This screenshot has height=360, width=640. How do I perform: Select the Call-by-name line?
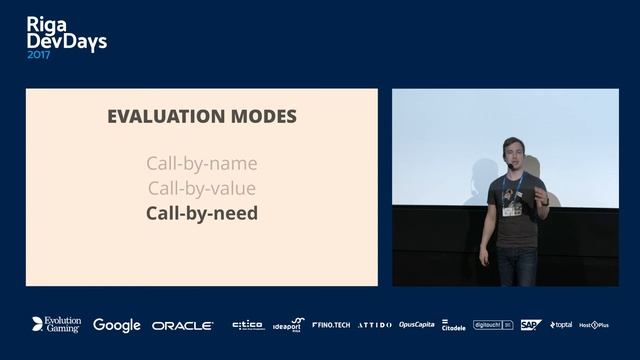click(201, 163)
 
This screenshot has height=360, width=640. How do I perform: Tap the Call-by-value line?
click(201, 188)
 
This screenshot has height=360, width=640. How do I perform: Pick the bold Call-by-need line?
click(201, 213)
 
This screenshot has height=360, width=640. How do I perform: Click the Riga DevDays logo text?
click(66, 33)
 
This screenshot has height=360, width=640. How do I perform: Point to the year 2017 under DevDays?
click(39, 56)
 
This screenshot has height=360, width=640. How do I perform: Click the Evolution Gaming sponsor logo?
click(56, 325)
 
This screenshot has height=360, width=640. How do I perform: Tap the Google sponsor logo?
click(116, 325)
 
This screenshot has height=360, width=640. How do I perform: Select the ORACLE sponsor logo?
click(182, 325)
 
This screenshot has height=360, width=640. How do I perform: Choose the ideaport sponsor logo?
click(287, 325)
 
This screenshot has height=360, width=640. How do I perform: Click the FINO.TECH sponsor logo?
click(331, 325)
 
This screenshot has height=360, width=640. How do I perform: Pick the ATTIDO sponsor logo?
click(374, 325)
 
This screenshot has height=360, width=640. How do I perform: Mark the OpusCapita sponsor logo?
click(416, 325)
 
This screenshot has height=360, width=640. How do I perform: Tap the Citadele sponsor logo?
click(453, 325)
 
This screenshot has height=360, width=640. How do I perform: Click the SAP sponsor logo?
click(530, 325)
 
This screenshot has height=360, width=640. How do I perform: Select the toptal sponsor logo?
click(561, 325)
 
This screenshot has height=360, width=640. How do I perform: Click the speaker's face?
click(513, 155)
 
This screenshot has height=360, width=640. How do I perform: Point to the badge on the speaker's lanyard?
click(511, 209)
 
